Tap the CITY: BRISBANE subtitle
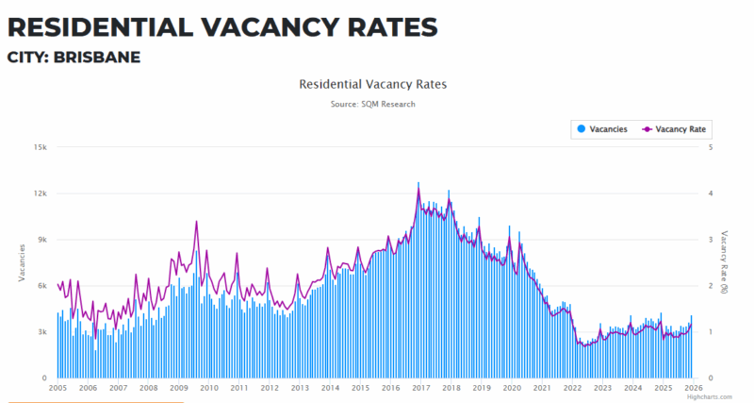[74, 57]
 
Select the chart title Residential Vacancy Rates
[372, 84]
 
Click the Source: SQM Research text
[372, 104]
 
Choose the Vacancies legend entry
[602, 128]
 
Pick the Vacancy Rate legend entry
[675, 128]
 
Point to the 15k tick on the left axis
[41, 147]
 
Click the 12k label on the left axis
[41, 193]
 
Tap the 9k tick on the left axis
[42, 240]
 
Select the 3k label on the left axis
[42, 332]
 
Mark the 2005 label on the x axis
[57, 388]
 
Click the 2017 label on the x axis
[420, 388]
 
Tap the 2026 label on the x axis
[693, 388]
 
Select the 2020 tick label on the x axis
[512, 388]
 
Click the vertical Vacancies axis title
[22, 261]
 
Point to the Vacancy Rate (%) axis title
[725, 261]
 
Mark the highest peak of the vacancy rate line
[418, 185]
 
